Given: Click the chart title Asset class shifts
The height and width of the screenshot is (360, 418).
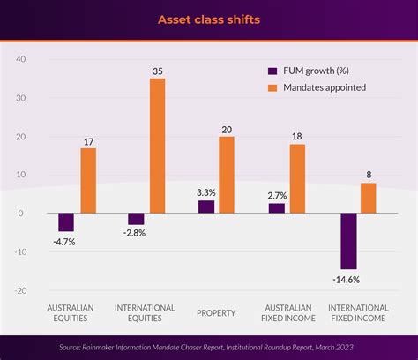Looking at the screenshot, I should click(x=208, y=19).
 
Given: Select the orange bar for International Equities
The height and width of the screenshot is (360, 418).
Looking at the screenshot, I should click(x=157, y=146).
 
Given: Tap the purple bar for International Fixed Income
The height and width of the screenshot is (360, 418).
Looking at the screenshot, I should click(x=348, y=241).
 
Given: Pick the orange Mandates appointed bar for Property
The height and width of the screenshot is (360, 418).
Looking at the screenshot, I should click(x=227, y=175).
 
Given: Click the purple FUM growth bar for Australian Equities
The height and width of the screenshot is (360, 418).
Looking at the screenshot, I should click(x=66, y=222).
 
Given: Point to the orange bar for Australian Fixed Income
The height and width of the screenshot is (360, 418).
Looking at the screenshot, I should click(x=297, y=178).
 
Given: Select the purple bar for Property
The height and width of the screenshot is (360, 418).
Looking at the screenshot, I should click(x=205, y=207).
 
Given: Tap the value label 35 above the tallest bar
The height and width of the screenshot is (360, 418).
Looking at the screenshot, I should click(x=157, y=71).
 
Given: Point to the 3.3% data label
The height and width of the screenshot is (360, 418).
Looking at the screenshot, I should click(x=205, y=191).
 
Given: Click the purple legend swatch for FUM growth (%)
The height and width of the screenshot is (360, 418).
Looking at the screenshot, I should click(x=272, y=70).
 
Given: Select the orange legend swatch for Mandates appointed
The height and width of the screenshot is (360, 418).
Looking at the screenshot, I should click(x=272, y=86).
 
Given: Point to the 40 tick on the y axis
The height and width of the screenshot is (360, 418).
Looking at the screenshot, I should click(x=21, y=59).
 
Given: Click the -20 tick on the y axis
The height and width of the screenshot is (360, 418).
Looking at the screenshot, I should click(x=19, y=290).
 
